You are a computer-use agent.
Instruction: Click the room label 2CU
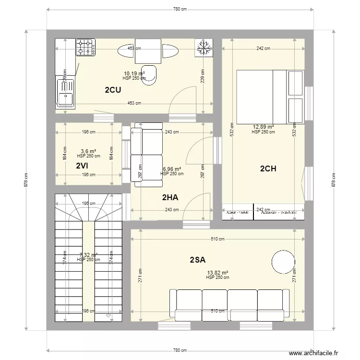coord(113,89)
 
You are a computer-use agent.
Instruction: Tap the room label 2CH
coord(268,168)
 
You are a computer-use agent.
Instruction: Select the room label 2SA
coord(197,260)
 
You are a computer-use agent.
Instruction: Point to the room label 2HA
coord(170,197)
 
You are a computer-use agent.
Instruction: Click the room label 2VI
coord(82,166)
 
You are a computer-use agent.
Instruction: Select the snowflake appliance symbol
coord(204,48)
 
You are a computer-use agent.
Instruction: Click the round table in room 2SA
coord(283,262)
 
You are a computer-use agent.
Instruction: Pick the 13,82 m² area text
coord(217,272)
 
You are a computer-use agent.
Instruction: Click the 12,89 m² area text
coord(264,127)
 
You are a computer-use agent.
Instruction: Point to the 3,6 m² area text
coord(88,151)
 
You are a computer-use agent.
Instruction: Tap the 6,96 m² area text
coord(172,169)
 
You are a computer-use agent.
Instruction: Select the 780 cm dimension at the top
coord(180,10)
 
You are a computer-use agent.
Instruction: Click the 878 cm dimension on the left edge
coord(26,180)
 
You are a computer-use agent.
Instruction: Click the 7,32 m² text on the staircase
coord(88,255)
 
